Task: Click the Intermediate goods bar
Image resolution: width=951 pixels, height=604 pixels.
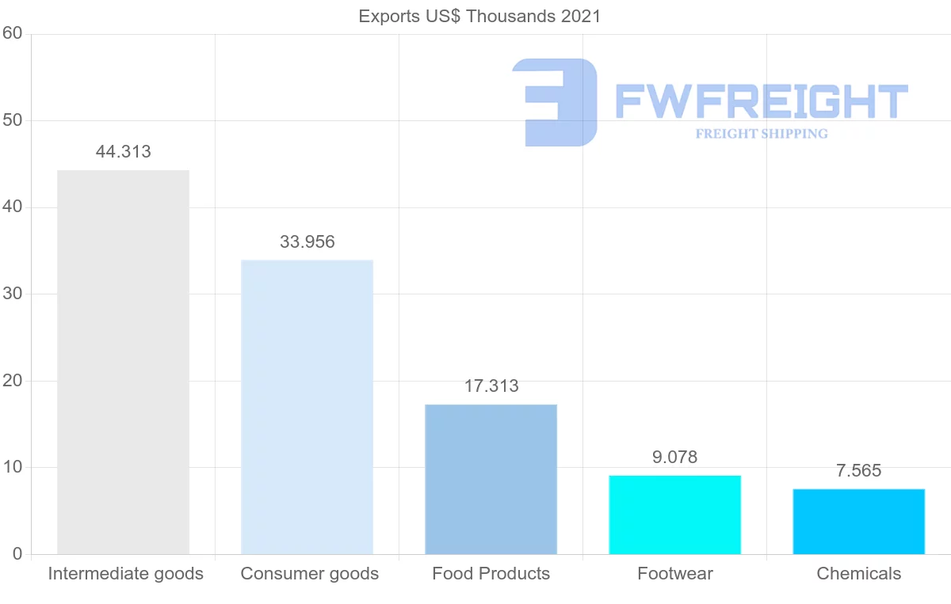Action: coord(123,362)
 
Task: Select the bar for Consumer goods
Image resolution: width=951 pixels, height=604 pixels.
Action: coord(307,407)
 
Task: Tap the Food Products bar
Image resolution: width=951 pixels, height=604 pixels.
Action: coord(491,479)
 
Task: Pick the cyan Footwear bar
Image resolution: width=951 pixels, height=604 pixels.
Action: coord(674,515)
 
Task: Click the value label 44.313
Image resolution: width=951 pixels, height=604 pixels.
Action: coord(123,152)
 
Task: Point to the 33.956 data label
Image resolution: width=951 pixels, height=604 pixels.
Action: coord(307,242)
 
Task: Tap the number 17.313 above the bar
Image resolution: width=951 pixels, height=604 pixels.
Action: coord(491,386)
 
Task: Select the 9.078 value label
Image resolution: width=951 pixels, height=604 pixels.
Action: coord(674,458)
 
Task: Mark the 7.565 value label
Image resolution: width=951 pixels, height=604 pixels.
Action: coord(858,471)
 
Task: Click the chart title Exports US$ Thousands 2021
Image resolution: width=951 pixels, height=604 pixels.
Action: coord(479,17)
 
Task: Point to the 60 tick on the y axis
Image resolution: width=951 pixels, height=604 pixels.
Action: coord(12,34)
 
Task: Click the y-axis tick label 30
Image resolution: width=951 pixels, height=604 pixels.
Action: coord(12,294)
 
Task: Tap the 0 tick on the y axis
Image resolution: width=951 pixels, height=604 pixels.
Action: coord(17,554)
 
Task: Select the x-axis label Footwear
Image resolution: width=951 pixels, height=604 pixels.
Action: coord(674,574)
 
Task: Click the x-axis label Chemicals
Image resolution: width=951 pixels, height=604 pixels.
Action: coord(858,574)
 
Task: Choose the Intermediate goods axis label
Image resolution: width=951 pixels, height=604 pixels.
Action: coord(125,574)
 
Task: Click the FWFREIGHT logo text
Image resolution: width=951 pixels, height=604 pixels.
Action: coord(761,101)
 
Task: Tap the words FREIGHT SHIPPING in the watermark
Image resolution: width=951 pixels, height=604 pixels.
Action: coord(761,134)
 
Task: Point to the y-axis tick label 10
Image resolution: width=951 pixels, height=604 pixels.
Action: coord(12,467)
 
